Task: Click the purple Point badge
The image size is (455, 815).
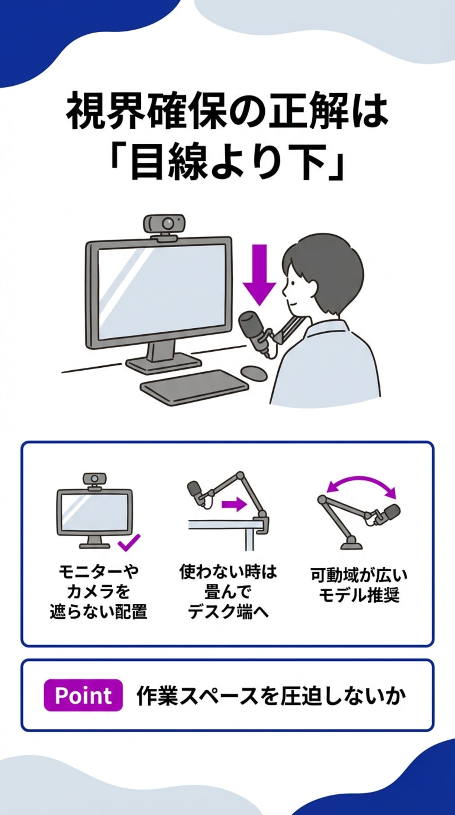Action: click(83, 695)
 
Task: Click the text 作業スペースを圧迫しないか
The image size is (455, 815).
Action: click(271, 696)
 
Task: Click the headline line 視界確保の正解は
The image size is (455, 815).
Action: click(227, 114)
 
